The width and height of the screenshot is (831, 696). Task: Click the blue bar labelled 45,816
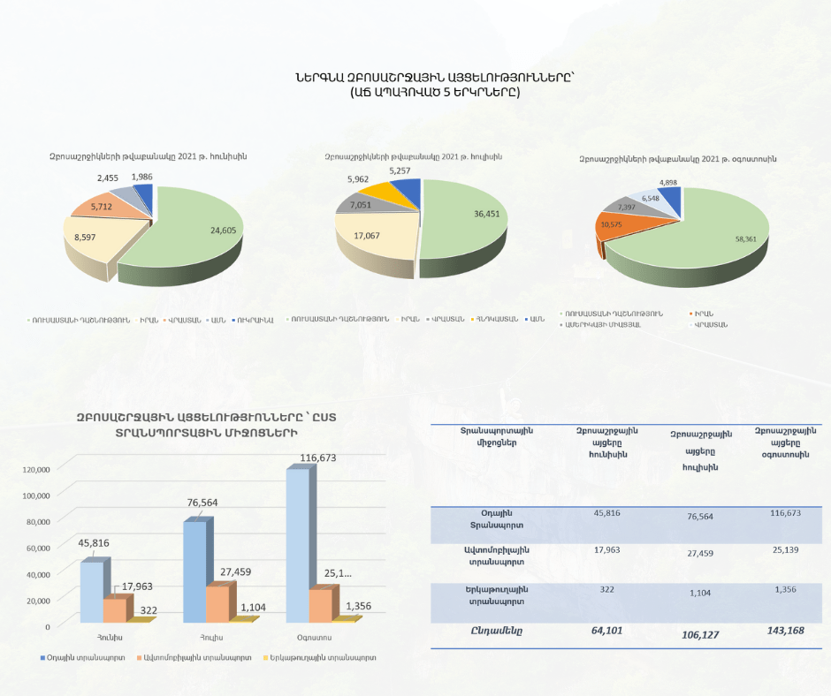coord(92,592)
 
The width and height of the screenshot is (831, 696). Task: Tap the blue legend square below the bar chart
coord(42,658)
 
